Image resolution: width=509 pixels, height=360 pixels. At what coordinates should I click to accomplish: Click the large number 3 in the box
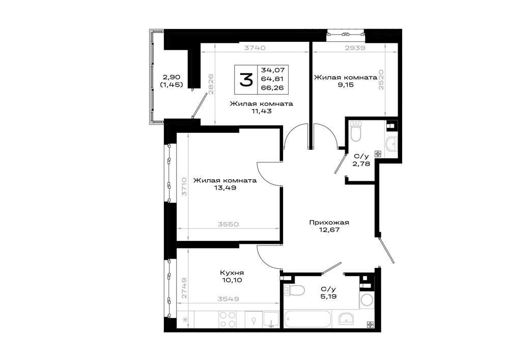[246, 80]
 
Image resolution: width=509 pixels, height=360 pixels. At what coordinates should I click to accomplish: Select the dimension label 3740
[255, 48]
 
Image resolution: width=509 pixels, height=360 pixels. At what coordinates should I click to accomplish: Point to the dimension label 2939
[355, 48]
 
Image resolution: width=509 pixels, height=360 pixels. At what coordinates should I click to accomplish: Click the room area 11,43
[261, 111]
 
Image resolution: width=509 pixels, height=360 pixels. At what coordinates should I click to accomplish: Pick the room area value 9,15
[346, 85]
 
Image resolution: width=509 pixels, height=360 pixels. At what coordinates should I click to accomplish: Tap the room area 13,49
[225, 187]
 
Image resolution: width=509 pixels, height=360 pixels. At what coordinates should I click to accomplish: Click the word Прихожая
[329, 223]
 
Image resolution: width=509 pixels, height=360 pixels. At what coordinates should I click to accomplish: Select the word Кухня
[232, 273]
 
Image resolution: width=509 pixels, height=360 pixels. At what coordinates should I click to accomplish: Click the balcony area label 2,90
[172, 77]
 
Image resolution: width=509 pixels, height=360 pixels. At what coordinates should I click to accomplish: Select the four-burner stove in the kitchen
[227, 319]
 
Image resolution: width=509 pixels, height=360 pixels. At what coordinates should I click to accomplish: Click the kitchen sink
[271, 319]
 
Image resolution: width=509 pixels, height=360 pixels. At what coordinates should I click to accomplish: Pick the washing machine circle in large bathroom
[367, 300]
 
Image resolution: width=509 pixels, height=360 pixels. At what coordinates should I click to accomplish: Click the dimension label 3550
[228, 225]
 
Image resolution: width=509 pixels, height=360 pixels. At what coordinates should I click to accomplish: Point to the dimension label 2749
[184, 288]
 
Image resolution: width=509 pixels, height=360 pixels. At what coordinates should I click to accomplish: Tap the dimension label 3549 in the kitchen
[228, 299]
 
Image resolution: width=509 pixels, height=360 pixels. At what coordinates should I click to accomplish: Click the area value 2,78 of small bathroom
[361, 163]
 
